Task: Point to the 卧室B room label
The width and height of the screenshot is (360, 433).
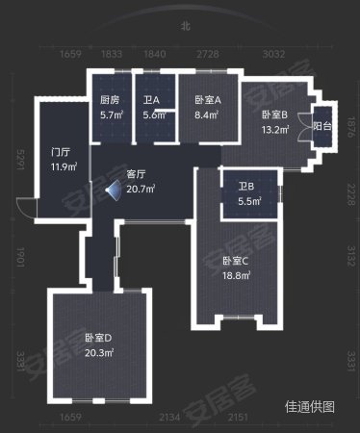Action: [x=273, y=115]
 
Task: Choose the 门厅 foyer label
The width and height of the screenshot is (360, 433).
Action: [x=64, y=152]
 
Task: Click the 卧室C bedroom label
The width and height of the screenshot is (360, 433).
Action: [x=236, y=261]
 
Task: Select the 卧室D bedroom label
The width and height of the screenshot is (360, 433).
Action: [x=98, y=339]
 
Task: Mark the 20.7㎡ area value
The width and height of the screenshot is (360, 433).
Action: [x=141, y=189]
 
